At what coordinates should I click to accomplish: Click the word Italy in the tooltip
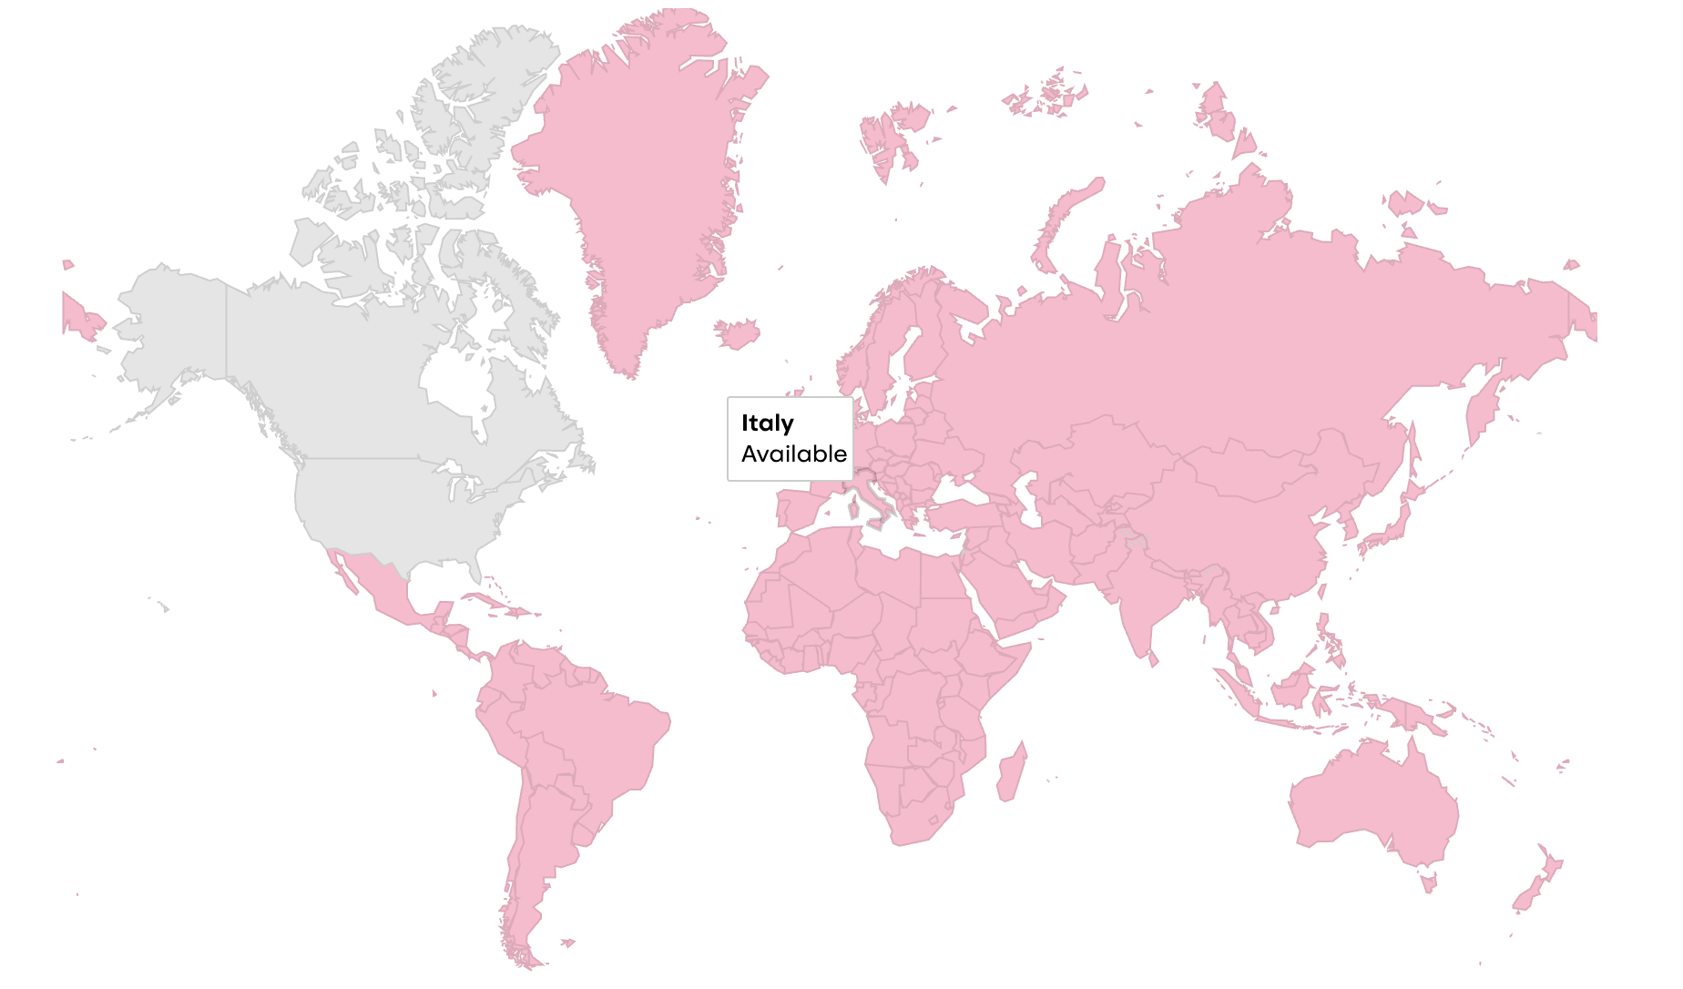(767, 423)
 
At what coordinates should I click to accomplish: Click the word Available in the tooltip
(793, 454)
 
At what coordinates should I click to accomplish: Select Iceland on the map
(738, 332)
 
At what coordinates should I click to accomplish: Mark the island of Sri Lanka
(1154, 658)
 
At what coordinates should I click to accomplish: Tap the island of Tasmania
(1428, 882)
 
